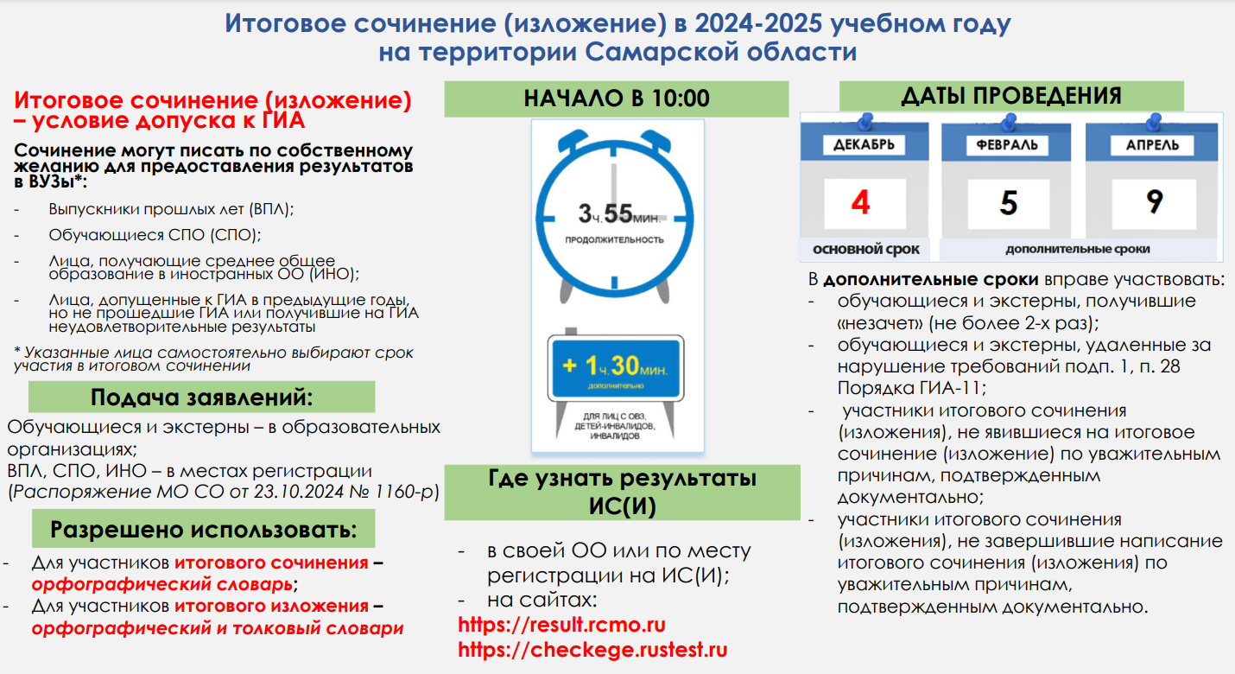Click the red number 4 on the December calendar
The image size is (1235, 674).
pos(861,202)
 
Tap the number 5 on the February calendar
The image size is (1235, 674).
pos(1009,203)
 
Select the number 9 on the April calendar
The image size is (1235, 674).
pos(1154,202)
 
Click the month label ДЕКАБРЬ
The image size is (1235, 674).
pos(864,145)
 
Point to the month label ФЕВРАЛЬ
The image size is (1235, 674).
pos(1007,145)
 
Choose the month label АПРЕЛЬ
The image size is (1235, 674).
pos(1152,145)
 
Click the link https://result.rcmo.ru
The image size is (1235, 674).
pos(562,625)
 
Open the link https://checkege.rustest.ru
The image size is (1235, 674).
pos(592,650)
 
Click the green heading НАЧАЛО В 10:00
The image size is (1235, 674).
pos(617,99)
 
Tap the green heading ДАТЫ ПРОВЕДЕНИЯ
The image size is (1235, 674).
pos(1011,96)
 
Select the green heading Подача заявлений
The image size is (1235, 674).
pos(202,397)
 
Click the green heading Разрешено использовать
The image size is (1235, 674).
pos(204,529)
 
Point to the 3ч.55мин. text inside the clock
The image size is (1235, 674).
pos(619,214)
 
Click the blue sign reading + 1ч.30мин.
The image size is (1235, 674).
pos(616,368)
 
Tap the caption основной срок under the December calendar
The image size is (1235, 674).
pos(865,250)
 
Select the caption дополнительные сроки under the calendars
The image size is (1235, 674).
pos(1077,249)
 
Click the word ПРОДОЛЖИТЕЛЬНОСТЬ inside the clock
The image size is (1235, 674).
pos(614,240)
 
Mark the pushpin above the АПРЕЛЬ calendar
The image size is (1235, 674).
pos(1154,122)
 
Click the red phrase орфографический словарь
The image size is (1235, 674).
pos(162,583)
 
